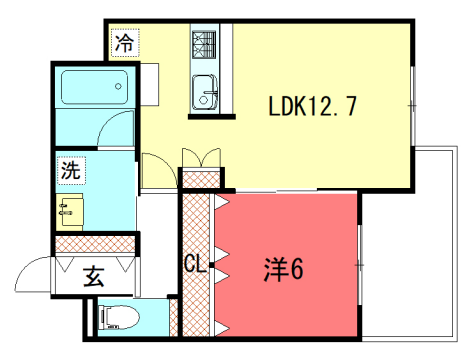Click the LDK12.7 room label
click(312, 107)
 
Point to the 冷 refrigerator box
click(125, 44)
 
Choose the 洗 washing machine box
click(70, 170)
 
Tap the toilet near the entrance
click(116, 319)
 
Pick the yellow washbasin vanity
click(71, 211)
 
